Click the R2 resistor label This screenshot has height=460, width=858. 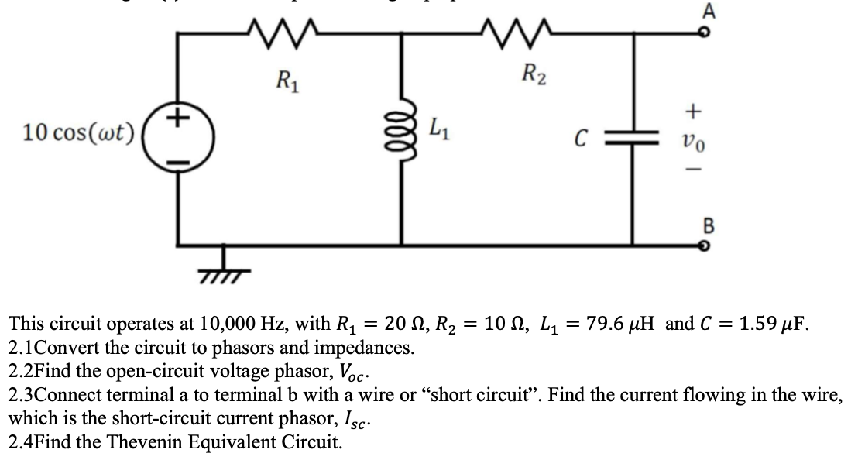tap(534, 76)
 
